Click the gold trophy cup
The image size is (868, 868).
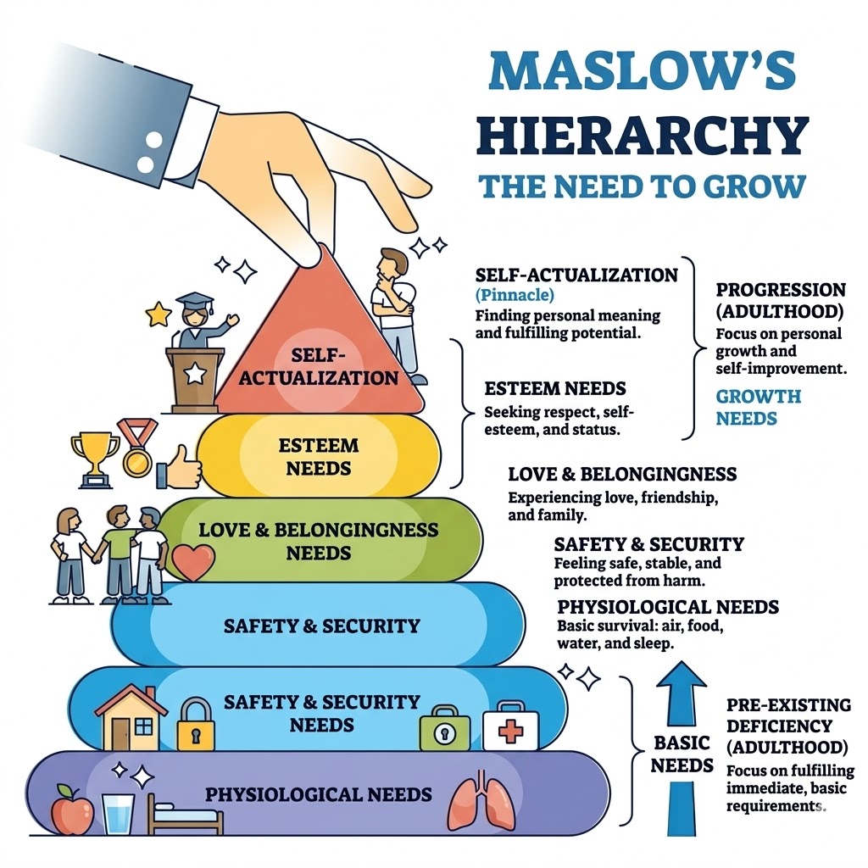[x=94, y=458]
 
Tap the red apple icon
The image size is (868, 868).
[x=71, y=810]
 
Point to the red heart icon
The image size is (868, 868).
[x=193, y=561]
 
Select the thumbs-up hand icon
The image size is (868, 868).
[x=182, y=467]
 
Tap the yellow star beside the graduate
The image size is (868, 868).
[x=159, y=314]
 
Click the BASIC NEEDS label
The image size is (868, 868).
[x=683, y=754]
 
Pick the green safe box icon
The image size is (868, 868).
[x=440, y=727]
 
